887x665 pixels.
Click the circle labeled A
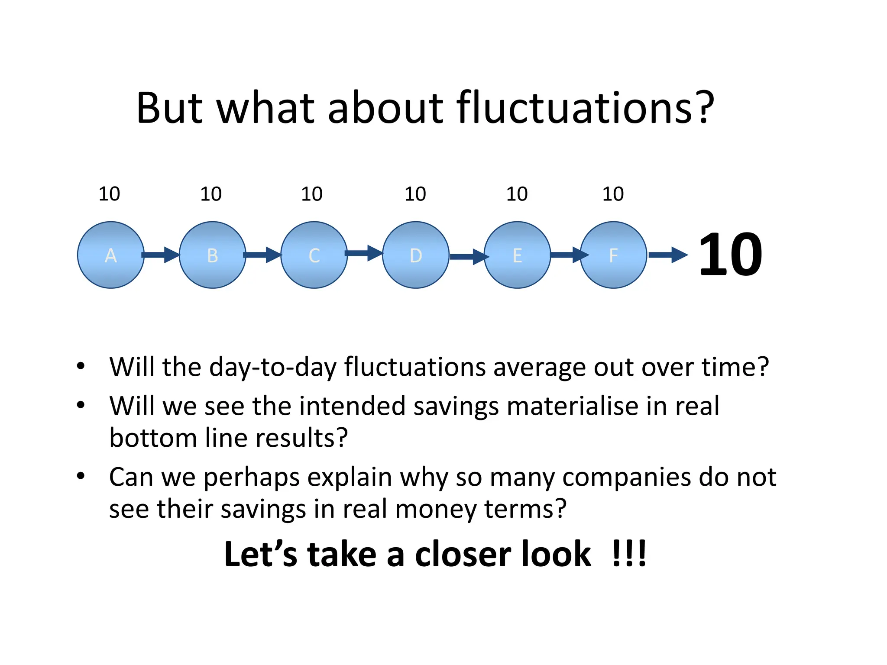coord(110,255)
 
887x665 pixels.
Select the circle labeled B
coord(212,255)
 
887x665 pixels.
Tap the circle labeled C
coord(314,255)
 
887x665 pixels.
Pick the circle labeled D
coord(415,255)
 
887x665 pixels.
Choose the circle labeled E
coord(517,255)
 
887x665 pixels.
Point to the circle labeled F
coord(613,255)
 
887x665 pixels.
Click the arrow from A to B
coord(161,255)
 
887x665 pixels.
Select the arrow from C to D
coord(364,253)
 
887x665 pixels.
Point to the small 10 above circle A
coord(109,194)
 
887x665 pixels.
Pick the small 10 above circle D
coord(415,194)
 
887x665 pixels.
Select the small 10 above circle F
coord(613,194)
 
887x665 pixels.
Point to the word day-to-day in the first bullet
coord(273,367)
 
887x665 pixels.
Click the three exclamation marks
coord(629,554)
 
